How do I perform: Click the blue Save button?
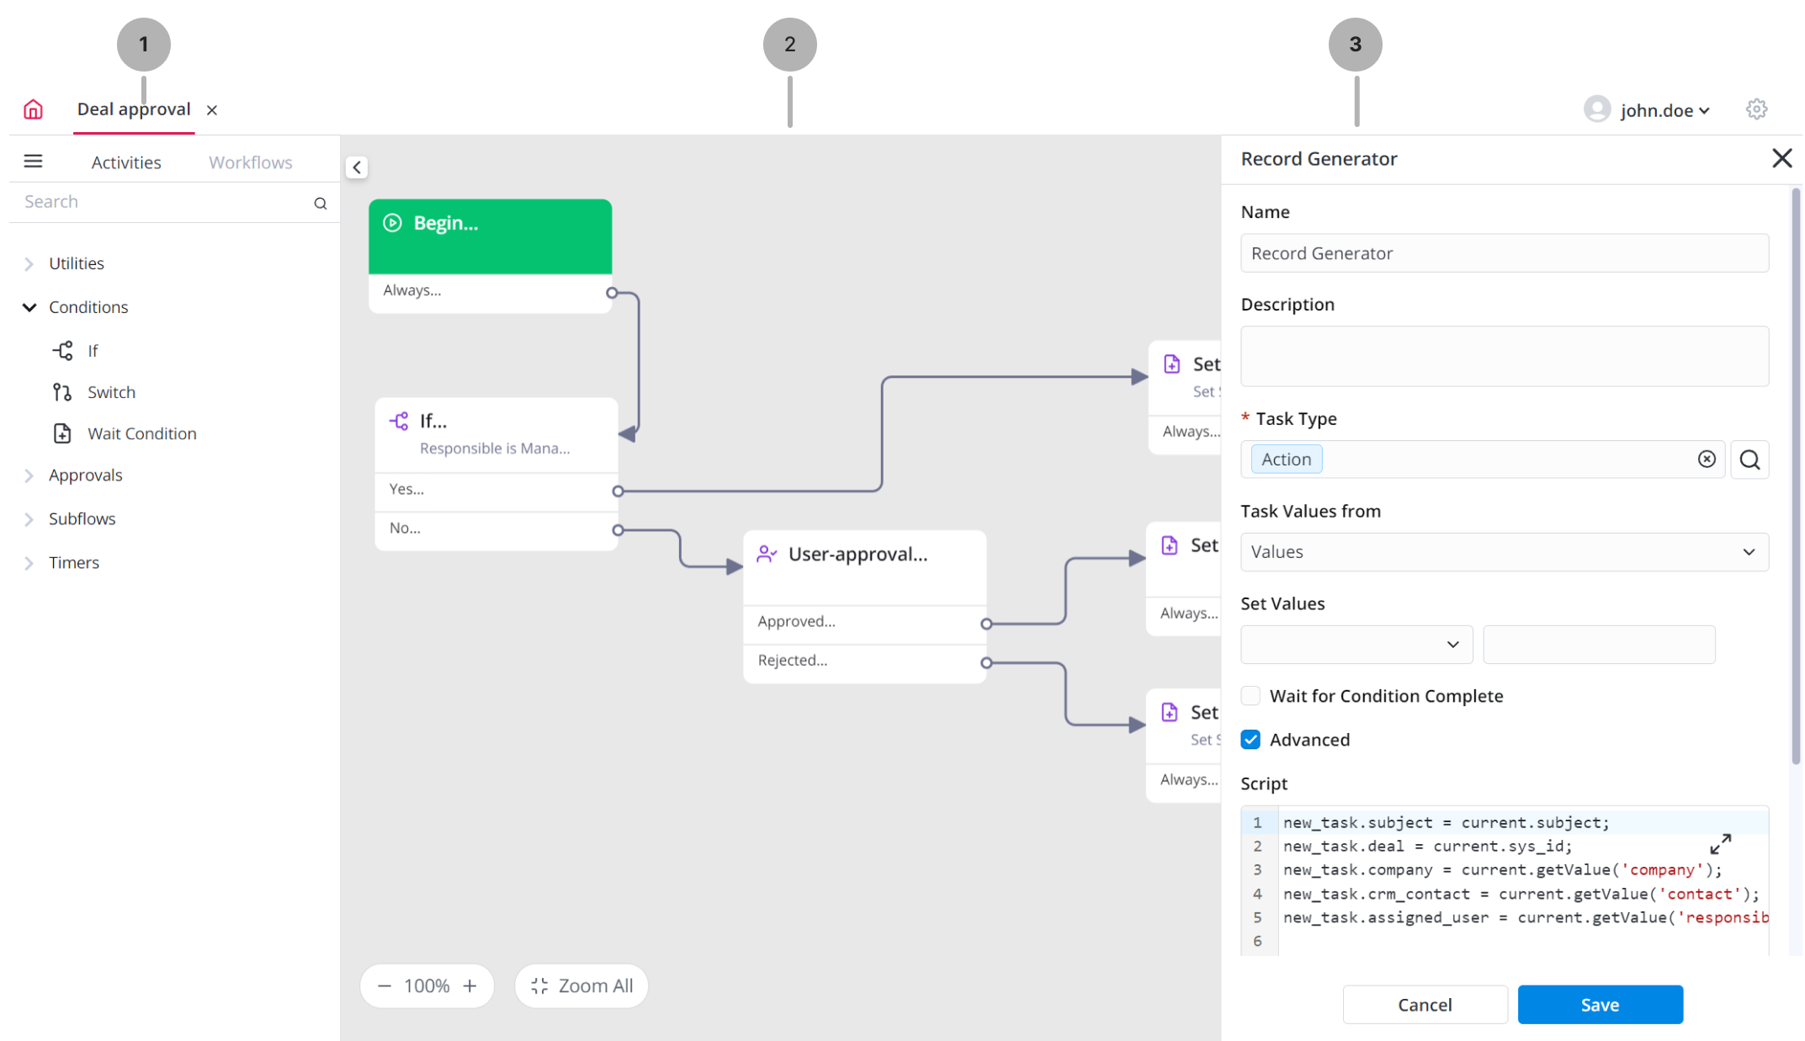tap(1600, 1004)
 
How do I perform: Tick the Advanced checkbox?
tap(1250, 740)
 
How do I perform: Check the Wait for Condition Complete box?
tap(1250, 696)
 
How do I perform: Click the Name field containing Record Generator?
tap(1504, 253)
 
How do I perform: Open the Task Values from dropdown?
tap(1504, 552)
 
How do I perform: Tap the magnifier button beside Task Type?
tap(1749, 459)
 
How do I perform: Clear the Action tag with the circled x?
tap(1707, 459)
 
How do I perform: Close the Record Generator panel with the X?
tap(1781, 158)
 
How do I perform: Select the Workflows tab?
tap(251, 162)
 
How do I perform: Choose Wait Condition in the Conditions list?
tap(142, 433)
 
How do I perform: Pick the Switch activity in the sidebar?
tap(111, 392)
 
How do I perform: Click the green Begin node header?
tap(490, 236)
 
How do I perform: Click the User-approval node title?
tap(857, 554)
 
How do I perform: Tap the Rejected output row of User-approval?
tap(864, 661)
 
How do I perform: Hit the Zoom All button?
tap(581, 985)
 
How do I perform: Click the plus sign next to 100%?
tap(470, 985)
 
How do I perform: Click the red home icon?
tap(33, 109)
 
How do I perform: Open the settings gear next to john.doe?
tap(1756, 109)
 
